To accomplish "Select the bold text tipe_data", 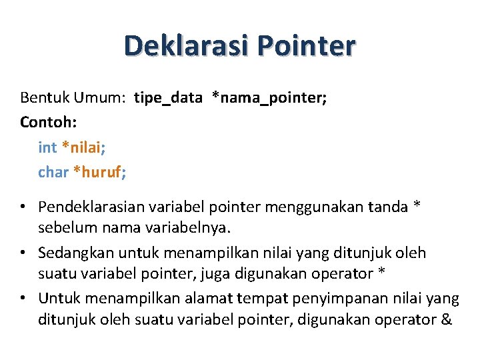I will (x=168, y=98).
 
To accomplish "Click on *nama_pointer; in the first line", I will (x=269, y=98).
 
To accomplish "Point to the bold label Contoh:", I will (x=44, y=123).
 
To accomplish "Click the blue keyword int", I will (x=47, y=147).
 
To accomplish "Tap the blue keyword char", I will (x=53, y=172).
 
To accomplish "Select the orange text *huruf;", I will (x=100, y=172).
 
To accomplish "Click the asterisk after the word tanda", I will (x=417, y=205).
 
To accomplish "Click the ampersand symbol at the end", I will (x=446, y=319).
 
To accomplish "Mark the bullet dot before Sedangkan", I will (x=23, y=253).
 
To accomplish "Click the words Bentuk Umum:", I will (x=73, y=98).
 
